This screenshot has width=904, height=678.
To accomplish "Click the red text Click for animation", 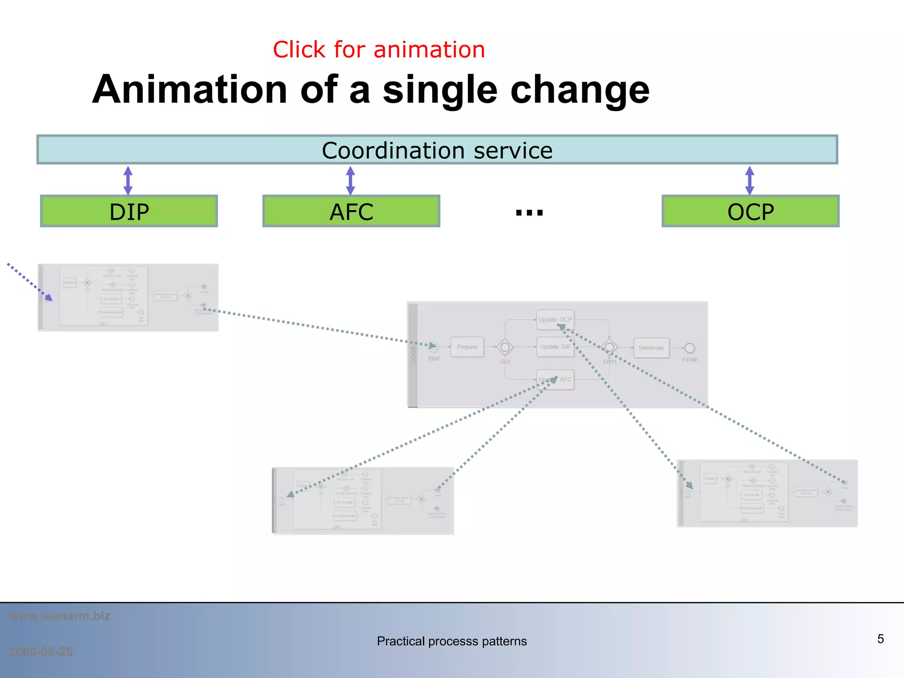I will pyautogui.click(x=379, y=49).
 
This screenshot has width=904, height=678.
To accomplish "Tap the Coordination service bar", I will pyautogui.click(x=437, y=150).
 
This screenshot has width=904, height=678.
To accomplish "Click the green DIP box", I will pyautogui.click(x=129, y=211).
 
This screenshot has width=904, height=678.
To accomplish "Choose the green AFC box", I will pyautogui.click(x=351, y=211).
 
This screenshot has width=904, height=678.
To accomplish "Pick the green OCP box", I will pyautogui.click(x=750, y=211).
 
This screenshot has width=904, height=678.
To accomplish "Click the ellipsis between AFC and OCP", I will pyautogui.click(x=529, y=213).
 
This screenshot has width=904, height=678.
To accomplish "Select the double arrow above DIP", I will pyautogui.click(x=128, y=180).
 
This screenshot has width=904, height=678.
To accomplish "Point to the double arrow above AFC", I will pyautogui.click(x=350, y=180).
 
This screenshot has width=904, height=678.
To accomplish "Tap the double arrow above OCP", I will pyautogui.click(x=750, y=180).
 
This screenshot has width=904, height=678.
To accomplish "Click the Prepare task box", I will pyautogui.click(x=467, y=347).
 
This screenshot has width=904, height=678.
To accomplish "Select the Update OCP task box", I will pyautogui.click(x=555, y=320).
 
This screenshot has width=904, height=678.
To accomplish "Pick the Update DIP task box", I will pyautogui.click(x=555, y=347).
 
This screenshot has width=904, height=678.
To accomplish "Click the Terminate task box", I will pyautogui.click(x=651, y=348).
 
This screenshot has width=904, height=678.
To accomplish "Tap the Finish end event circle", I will pyautogui.click(x=690, y=348).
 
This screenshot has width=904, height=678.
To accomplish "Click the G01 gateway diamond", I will pyautogui.click(x=505, y=347).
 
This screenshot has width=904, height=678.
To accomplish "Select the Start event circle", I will pyautogui.click(x=433, y=347).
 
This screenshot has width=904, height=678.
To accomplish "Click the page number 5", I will pyautogui.click(x=880, y=639).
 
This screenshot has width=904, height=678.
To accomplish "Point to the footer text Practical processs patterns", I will pyautogui.click(x=452, y=641).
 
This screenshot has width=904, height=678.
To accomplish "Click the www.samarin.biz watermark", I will pyautogui.click(x=60, y=616).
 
